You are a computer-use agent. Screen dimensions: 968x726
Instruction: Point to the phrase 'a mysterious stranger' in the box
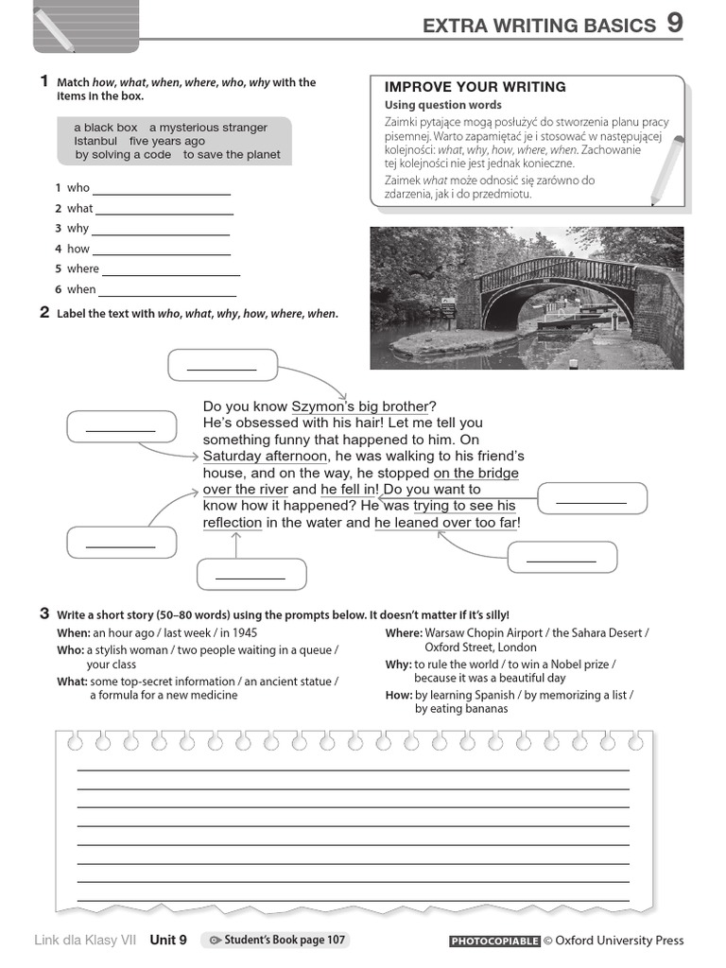click(208, 128)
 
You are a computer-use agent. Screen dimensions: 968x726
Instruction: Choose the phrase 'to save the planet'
click(232, 155)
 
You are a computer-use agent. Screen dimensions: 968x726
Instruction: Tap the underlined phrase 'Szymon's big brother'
click(359, 406)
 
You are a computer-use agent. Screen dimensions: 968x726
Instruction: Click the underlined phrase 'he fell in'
click(349, 490)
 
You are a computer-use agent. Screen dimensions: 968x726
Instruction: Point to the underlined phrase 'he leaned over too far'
click(446, 523)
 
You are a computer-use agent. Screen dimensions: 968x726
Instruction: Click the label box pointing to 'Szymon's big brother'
click(222, 365)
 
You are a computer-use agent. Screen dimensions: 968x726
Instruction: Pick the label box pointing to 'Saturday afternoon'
click(121, 426)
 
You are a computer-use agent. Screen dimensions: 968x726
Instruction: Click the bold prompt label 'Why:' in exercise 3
click(398, 665)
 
